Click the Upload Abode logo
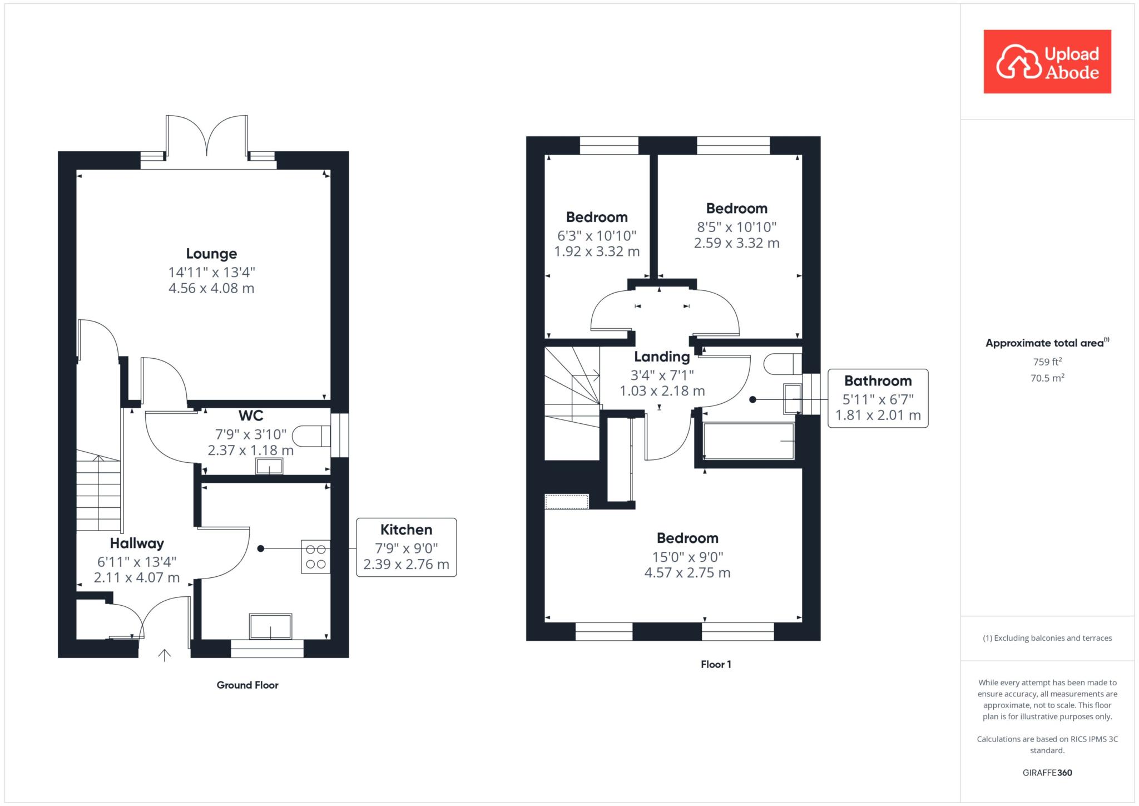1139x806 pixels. coord(1047,62)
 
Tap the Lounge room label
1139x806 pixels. coord(211,254)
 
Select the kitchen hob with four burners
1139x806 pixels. coord(315,557)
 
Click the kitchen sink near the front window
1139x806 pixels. coord(270,626)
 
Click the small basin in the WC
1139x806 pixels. coord(269,466)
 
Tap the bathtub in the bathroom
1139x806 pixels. coord(749,441)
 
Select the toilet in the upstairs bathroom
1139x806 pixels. coord(783,364)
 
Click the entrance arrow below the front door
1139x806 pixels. coord(164,655)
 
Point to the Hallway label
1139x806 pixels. coord(137,543)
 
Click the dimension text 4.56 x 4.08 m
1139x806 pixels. coord(211,288)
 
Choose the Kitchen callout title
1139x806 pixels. coord(406,530)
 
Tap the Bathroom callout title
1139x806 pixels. coord(878,381)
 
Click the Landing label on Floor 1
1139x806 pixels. coord(662,357)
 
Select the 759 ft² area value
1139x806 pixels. coord(1047,362)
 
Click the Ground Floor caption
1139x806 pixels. coord(247,685)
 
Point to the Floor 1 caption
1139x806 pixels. coord(716,665)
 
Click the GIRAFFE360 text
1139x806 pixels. coord(1047,773)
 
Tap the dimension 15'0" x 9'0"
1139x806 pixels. coord(687,557)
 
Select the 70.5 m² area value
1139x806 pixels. coord(1047,378)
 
